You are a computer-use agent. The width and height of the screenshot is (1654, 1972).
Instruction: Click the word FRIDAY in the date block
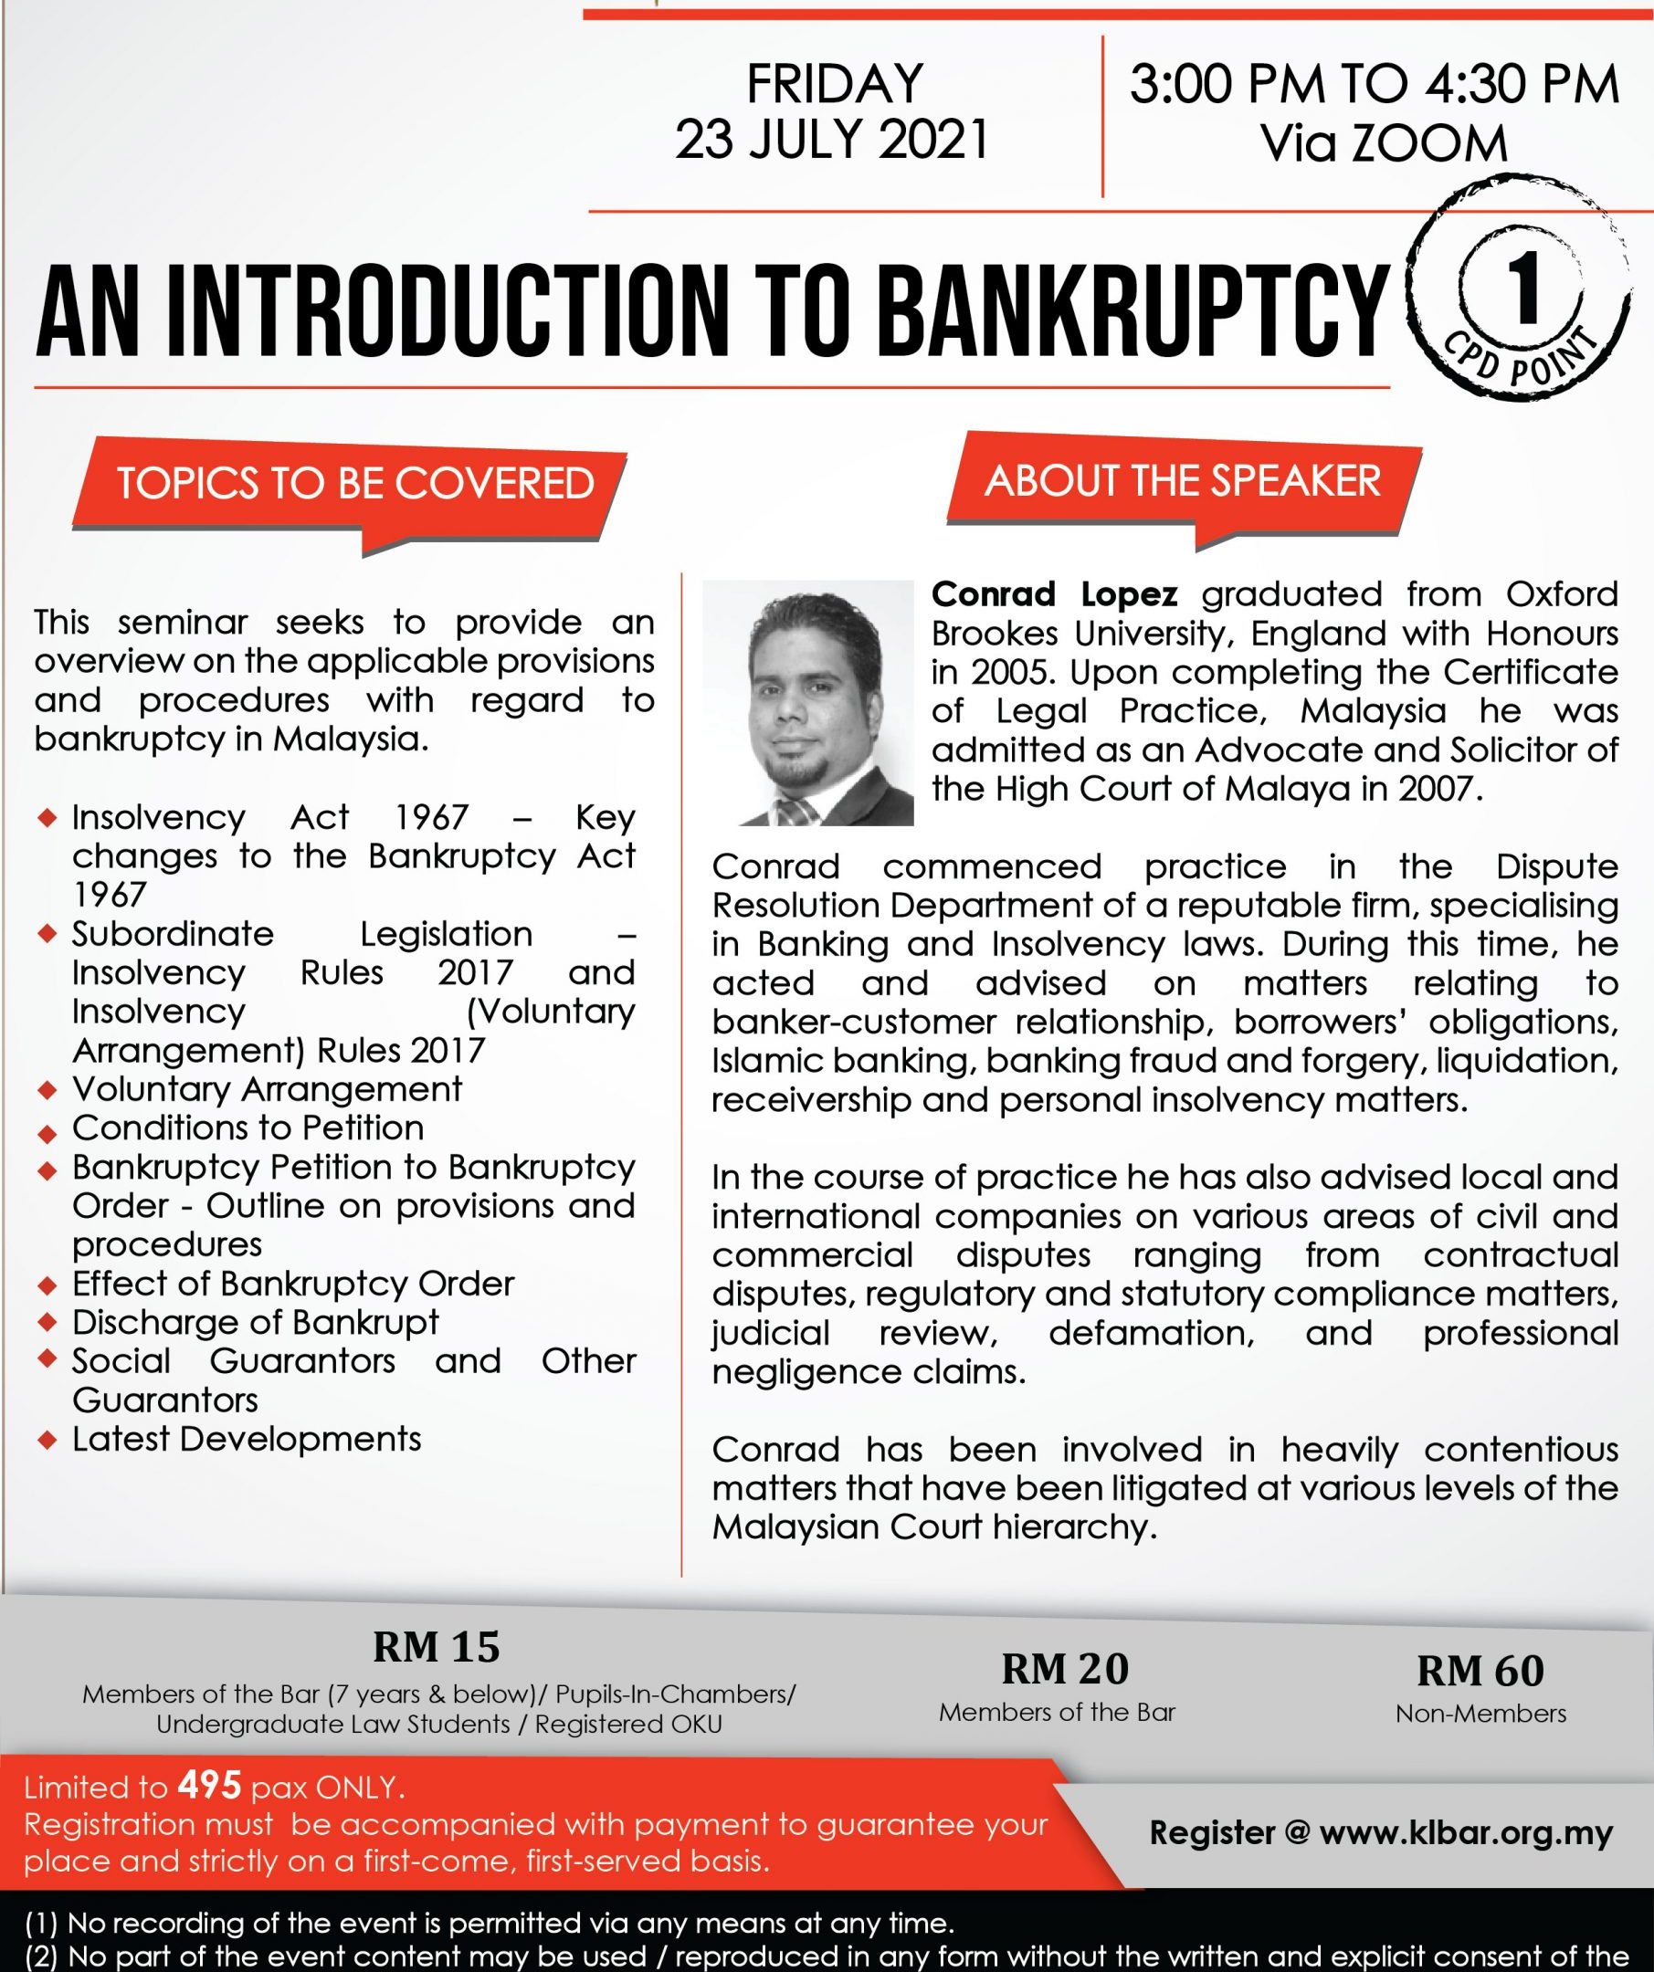[x=833, y=83]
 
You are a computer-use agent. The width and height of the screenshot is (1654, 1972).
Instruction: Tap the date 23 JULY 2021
[x=832, y=140]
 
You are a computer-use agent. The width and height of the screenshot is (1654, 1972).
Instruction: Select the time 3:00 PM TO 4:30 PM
[x=1375, y=85]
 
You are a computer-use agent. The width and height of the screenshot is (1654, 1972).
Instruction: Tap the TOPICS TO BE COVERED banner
[x=355, y=484]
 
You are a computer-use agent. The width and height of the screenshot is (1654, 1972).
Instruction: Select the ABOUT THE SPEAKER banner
[x=1182, y=481]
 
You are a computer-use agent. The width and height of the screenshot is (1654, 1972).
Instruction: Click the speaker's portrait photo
[x=807, y=703]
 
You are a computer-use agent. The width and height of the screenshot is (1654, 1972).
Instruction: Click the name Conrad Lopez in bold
[x=1054, y=594]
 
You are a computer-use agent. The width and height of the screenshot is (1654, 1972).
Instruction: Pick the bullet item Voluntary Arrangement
[x=267, y=1089]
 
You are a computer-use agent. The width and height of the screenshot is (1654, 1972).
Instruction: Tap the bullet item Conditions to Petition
[x=248, y=1128]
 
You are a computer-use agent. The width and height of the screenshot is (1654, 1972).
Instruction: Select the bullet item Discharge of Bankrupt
[x=256, y=1322]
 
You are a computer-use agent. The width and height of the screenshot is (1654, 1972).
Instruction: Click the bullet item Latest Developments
[x=247, y=1439]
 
